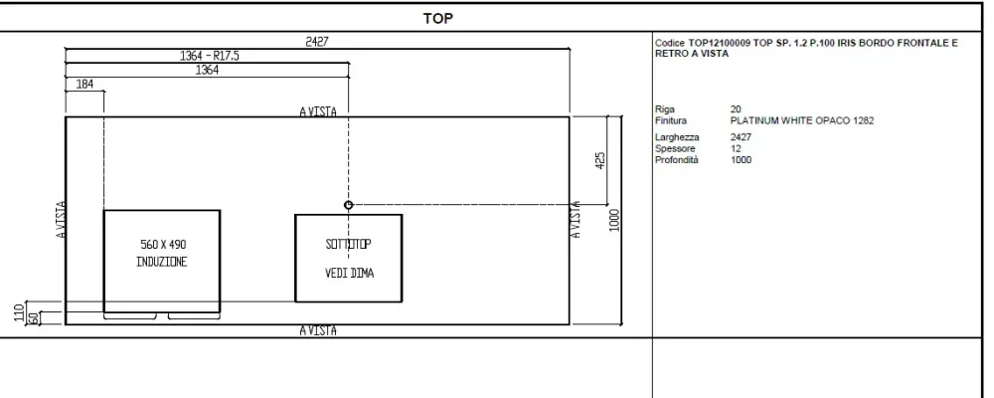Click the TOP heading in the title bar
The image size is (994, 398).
point(438,19)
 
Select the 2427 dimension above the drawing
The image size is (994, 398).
point(317,42)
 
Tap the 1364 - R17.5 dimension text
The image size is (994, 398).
point(210,56)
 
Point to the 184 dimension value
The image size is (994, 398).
point(84,84)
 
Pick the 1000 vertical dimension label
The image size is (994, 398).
point(614,220)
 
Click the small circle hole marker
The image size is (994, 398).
point(348,205)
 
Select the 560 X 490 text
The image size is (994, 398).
point(163,245)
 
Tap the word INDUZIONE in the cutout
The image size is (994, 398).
point(162,262)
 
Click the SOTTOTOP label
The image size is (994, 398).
point(348,245)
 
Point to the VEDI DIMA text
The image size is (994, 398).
point(349,273)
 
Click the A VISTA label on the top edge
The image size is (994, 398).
point(318,111)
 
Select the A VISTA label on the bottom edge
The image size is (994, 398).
point(318,330)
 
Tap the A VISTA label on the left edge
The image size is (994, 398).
point(61,220)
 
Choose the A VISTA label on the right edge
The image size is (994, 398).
point(576,220)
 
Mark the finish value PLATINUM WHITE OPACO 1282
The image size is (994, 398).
point(802,120)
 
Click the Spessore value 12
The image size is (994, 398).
point(736,148)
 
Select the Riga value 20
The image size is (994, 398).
point(736,109)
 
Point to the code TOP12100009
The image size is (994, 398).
point(720,43)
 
